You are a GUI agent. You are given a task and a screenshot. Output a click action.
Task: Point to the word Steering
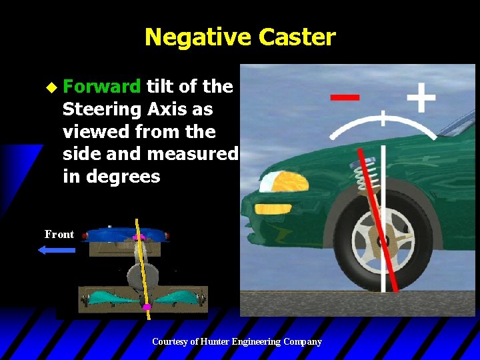coord(101,109)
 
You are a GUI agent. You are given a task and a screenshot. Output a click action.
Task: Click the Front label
coord(59,234)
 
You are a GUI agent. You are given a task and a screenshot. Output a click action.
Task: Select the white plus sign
coord(421,99)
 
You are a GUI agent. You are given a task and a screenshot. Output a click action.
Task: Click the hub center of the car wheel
coord(383,240)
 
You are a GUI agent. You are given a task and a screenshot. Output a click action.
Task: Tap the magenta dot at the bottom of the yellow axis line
coord(147,307)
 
